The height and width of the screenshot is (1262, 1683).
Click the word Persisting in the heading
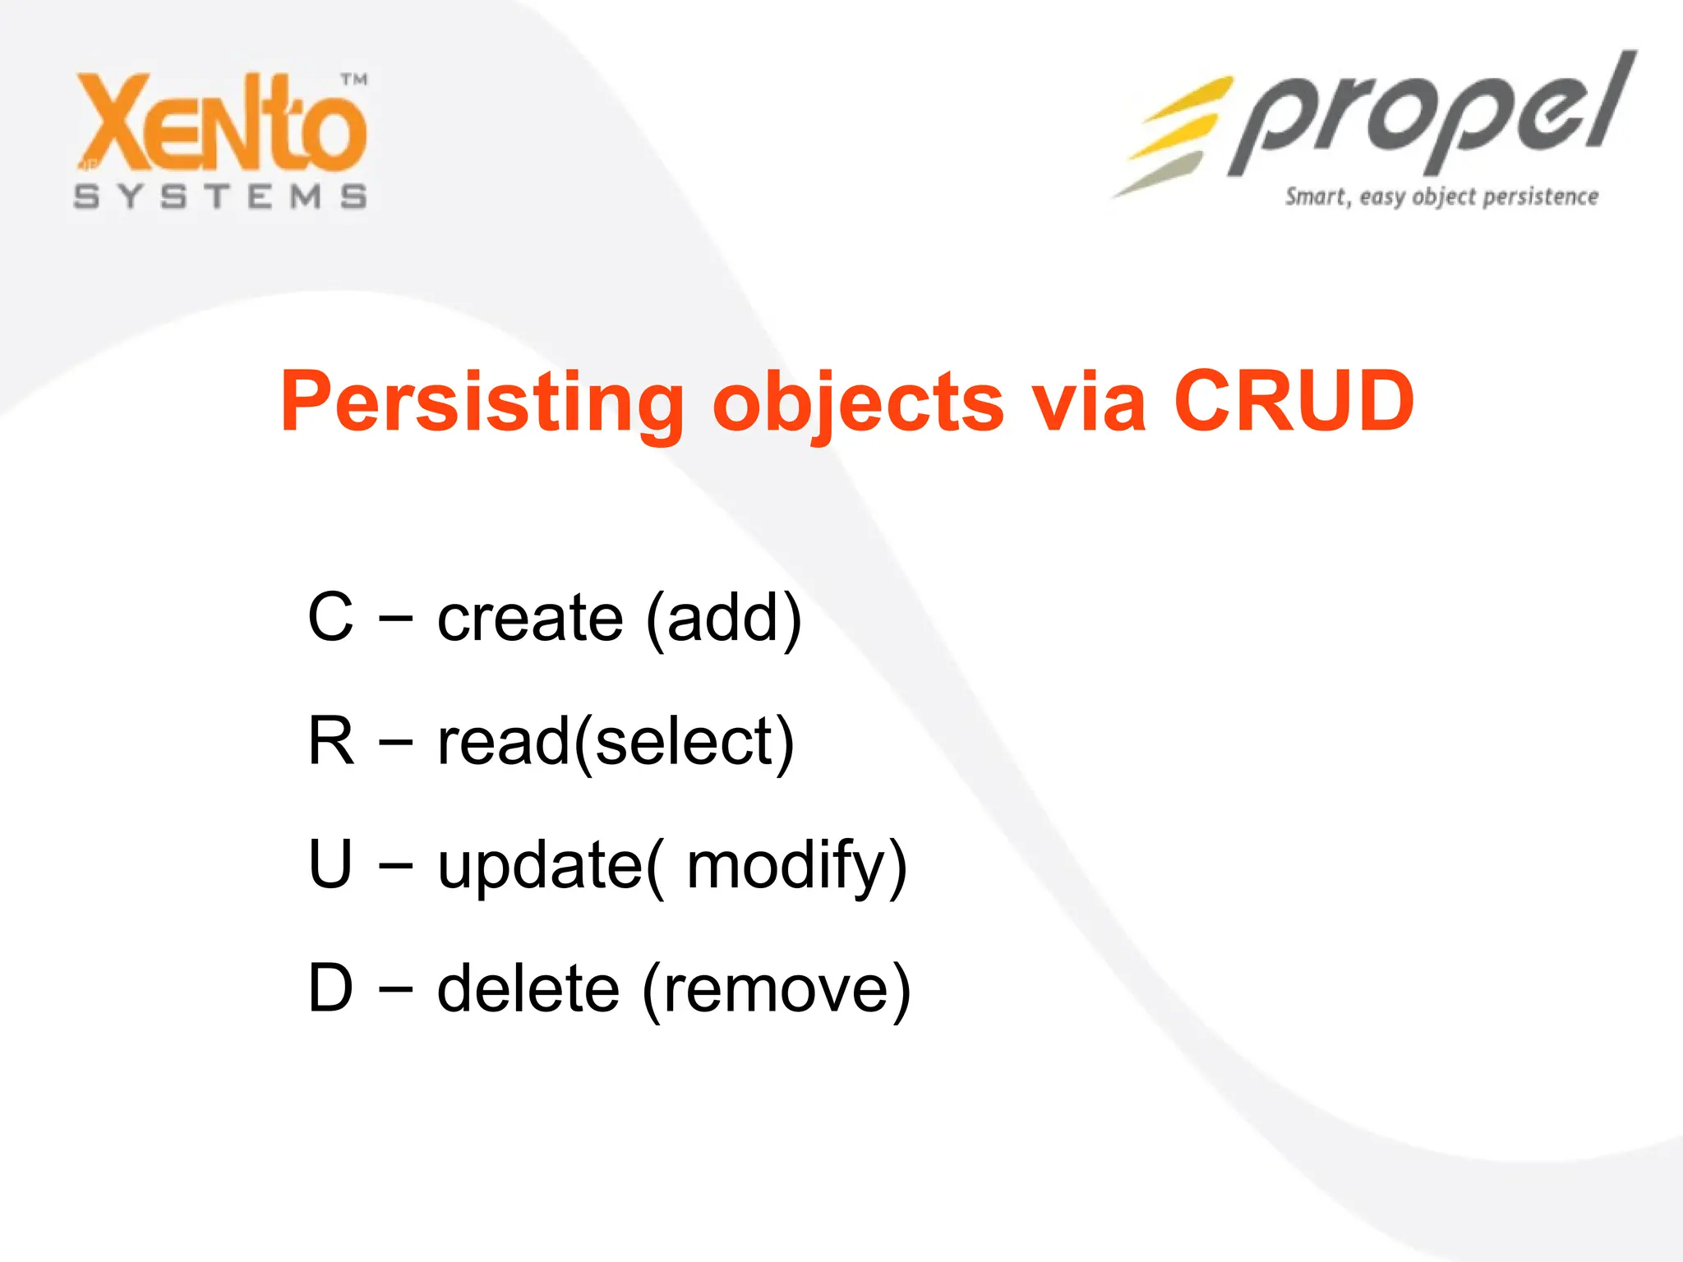pyautogui.click(x=482, y=403)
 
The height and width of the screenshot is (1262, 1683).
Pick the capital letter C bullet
pyautogui.click(x=330, y=617)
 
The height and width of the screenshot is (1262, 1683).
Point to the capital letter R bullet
pyautogui.click(x=331, y=741)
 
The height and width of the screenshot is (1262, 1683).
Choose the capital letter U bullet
pyautogui.click(x=330, y=864)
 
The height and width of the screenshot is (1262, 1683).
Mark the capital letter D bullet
pyautogui.click(x=330, y=988)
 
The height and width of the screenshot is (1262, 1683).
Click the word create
pyautogui.click(x=530, y=619)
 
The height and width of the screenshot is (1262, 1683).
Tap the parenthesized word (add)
pyautogui.click(x=723, y=619)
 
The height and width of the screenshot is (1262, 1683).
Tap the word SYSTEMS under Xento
pyautogui.click(x=220, y=197)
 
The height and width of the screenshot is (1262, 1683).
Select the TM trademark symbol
pyautogui.click(x=354, y=80)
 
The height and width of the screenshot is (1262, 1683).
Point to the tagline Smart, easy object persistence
pyautogui.click(x=1441, y=197)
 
